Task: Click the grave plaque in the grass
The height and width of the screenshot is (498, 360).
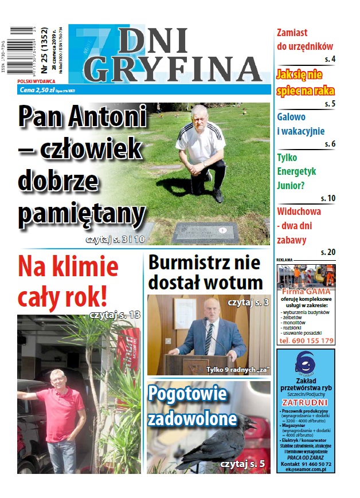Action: click(205, 232)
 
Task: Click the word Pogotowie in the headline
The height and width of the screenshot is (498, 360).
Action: click(188, 394)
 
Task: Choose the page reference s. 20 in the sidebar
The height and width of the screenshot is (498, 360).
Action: click(328, 252)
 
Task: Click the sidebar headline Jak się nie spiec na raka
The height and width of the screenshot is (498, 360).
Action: click(306, 83)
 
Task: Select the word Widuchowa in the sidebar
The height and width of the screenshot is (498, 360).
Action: click(299, 210)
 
